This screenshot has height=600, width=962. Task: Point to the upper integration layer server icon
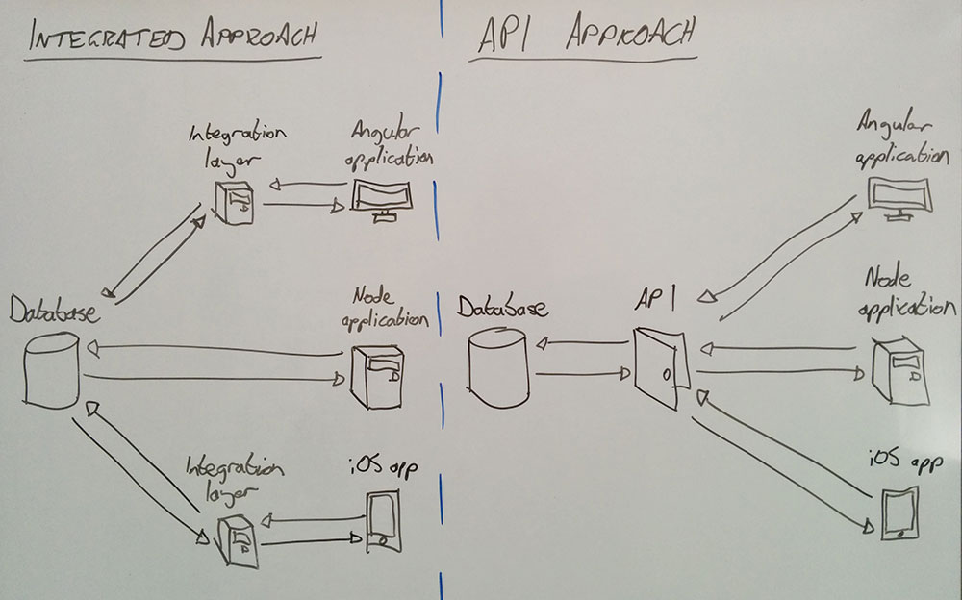coord(234,203)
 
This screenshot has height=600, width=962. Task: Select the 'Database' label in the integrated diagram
coord(55,311)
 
